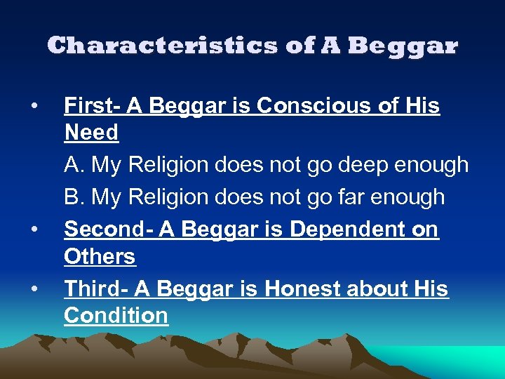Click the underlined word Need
coord(91,132)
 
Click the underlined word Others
coord(100,257)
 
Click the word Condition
coord(116,316)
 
